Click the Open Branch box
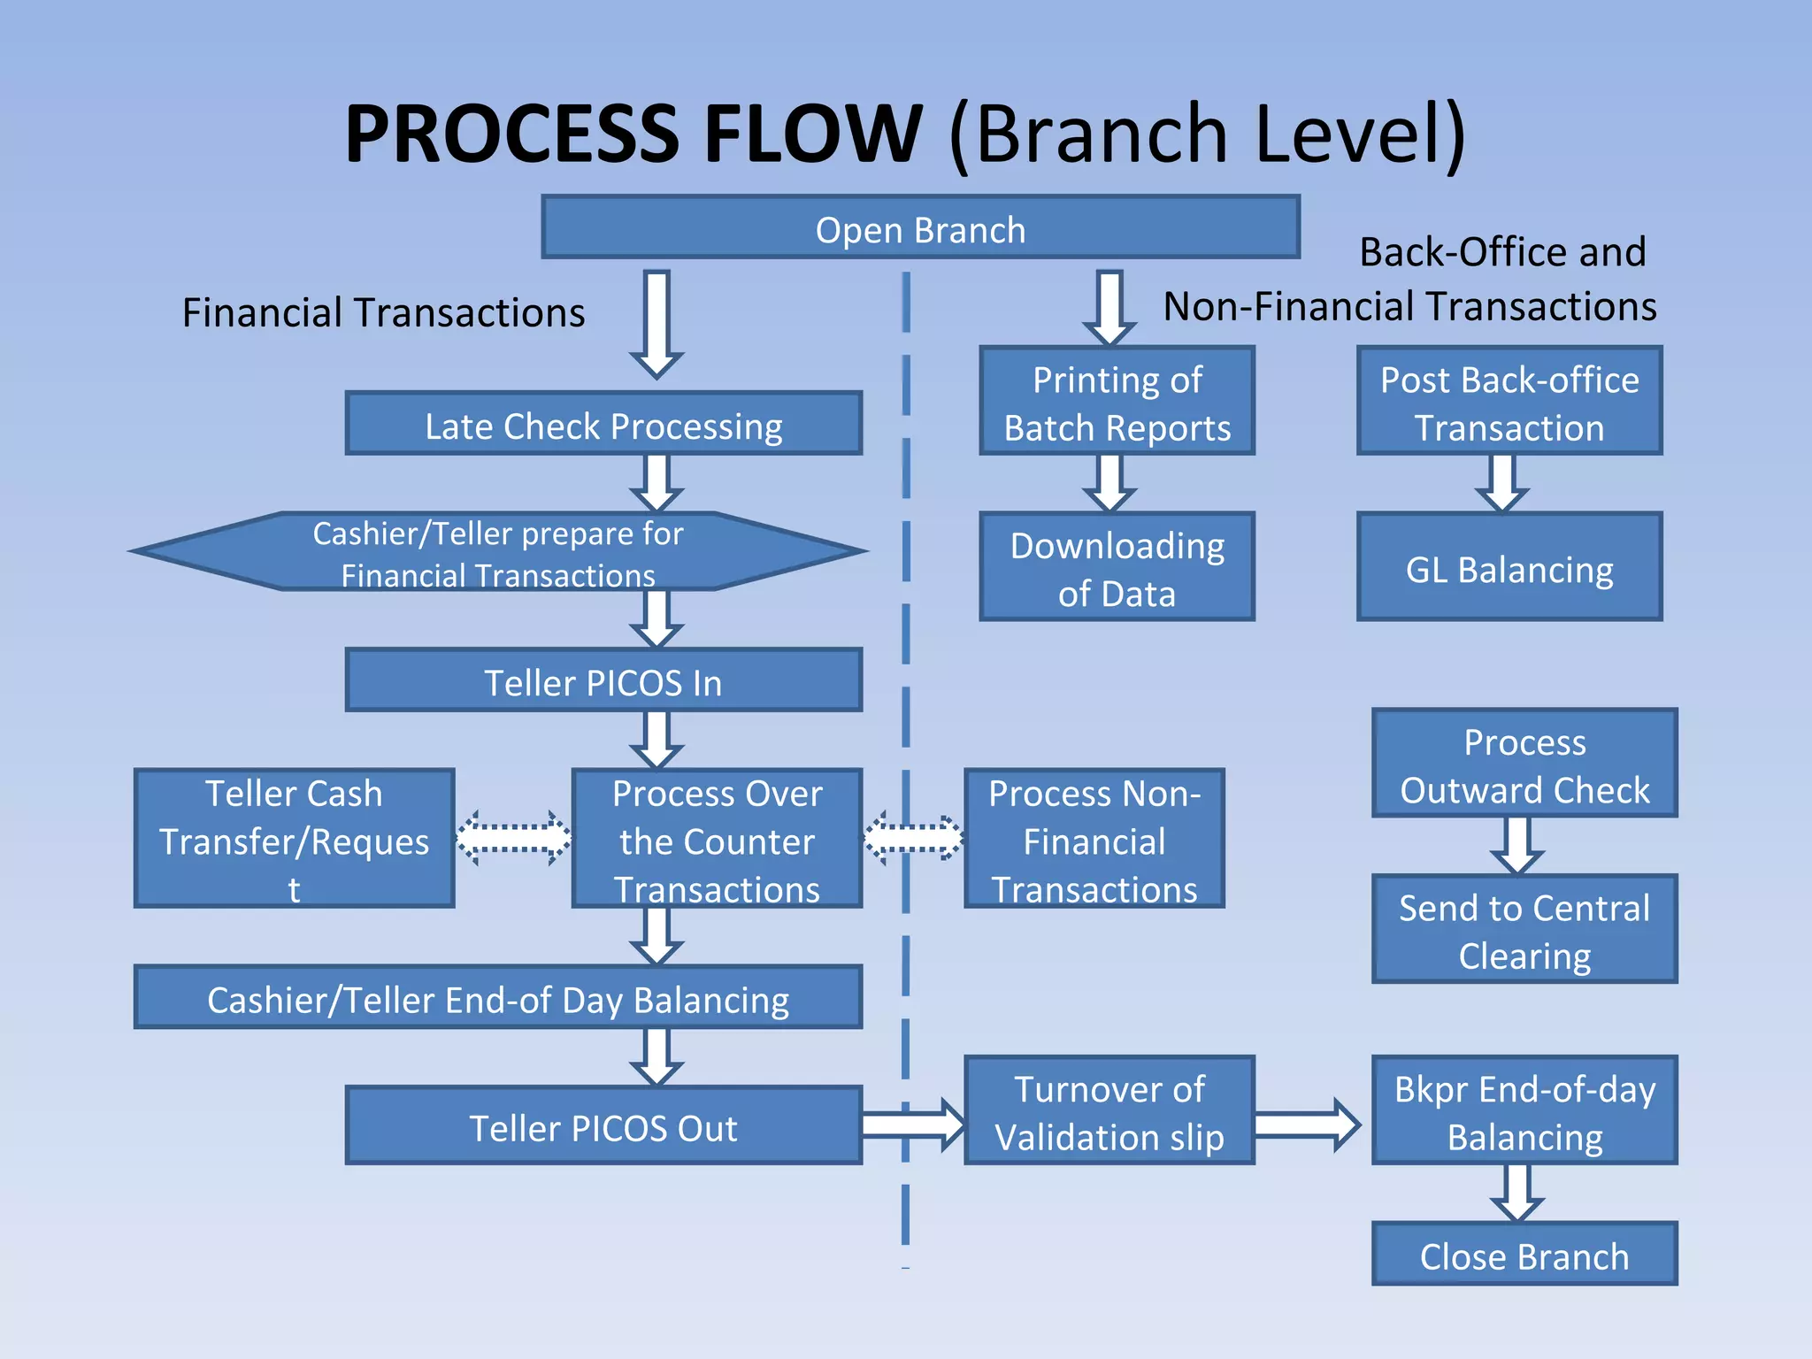tap(920, 228)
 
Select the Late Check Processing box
tap(603, 424)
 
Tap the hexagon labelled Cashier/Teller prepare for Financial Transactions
tap(497, 552)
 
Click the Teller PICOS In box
tap(603, 681)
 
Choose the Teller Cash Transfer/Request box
tap(294, 839)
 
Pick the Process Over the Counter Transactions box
tap(717, 839)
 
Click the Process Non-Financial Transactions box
tap(1094, 839)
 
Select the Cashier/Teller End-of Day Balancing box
tap(497, 998)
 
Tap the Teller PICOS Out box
tap(603, 1126)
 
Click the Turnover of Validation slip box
tap(1109, 1110)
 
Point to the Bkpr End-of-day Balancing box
tap(1524, 1110)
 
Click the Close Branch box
tap(1524, 1255)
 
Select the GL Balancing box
tap(1509, 567)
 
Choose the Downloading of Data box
tap(1117, 567)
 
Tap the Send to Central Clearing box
tap(1524, 930)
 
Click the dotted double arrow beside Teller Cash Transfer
tap(513, 837)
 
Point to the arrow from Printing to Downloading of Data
tap(1109, 482)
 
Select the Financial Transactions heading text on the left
tap(383, 312)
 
